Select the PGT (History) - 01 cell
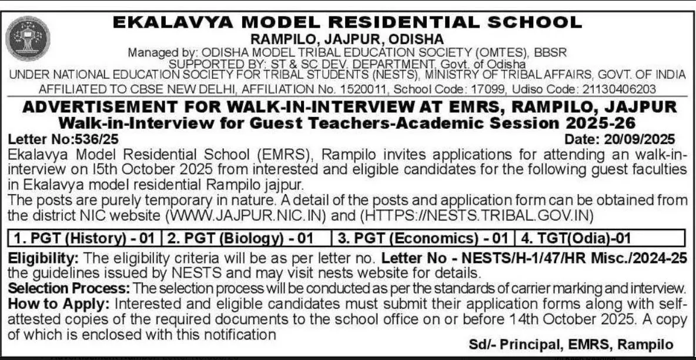click(85, 239)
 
